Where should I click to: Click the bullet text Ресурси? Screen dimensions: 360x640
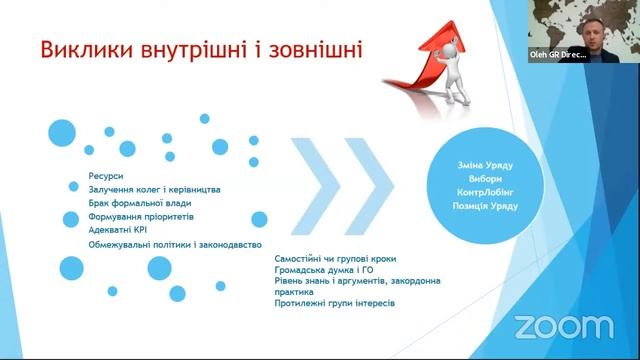click(x=105, y=175)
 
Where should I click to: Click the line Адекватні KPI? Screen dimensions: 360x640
click(x=118, y=229)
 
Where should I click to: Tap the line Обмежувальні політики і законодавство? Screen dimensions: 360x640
click(x=175, y=243)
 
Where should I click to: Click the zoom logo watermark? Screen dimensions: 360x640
click(x=564, y=326)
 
